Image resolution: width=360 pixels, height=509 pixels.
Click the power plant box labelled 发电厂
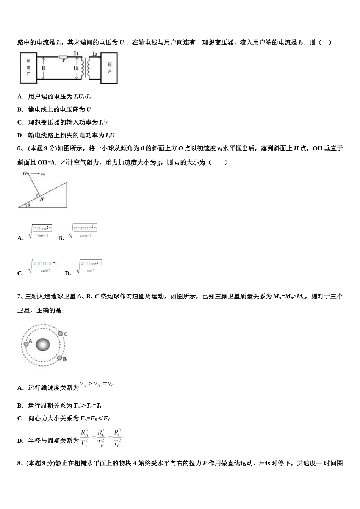[x=28, y=67]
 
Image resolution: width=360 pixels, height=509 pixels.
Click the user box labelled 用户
[x=109, y=68]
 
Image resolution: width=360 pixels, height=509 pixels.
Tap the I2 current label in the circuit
[x=95, y=54]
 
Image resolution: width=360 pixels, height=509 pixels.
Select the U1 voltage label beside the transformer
[x=76, y=68]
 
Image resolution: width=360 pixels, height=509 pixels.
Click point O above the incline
[x=24, y=173]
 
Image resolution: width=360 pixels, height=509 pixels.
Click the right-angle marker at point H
[x=38, y=195]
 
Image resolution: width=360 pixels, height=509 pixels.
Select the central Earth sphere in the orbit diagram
[x=43, y=345]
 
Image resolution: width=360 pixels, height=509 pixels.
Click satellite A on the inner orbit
[x=26, y=343]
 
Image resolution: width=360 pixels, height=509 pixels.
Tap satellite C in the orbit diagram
[x=60, y=334]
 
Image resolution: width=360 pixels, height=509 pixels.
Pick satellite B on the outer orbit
[x=59, y=358]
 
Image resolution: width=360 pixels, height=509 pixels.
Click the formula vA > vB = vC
[x=97, y=385]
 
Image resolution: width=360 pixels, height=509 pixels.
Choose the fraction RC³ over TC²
[x=117, y=438]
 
